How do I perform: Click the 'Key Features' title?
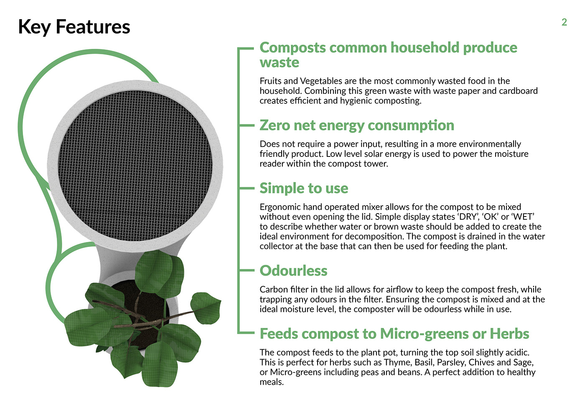click(x=74, y=27)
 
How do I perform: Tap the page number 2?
click(x=564, y=22)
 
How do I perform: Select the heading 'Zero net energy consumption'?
click(x=357, y=126)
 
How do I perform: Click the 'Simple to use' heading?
click(x=304, y=188)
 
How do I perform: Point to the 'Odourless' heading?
click(x=293, y=271)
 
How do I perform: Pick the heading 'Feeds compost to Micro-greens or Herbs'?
click(x=394, y=334)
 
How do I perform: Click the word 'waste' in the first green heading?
click(x=279, y=63)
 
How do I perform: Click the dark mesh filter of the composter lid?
click(x=135, y=166)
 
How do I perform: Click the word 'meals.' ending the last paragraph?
click(x=272, y=382)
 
